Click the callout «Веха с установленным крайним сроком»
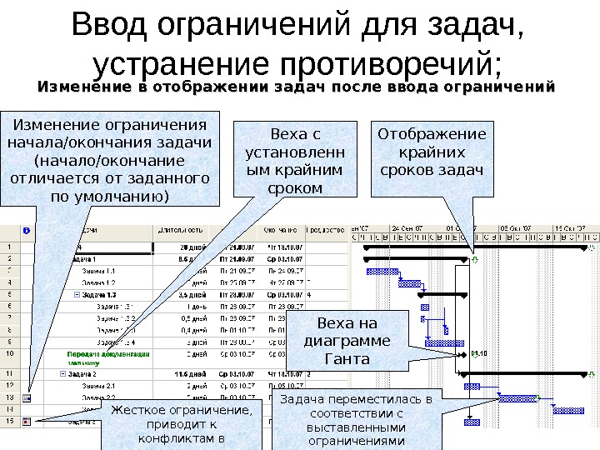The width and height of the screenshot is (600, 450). (x=296, y=161)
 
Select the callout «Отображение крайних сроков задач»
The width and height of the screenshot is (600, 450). (x=431, y=152)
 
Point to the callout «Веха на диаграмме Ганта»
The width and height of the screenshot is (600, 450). (x=347, y=341)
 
